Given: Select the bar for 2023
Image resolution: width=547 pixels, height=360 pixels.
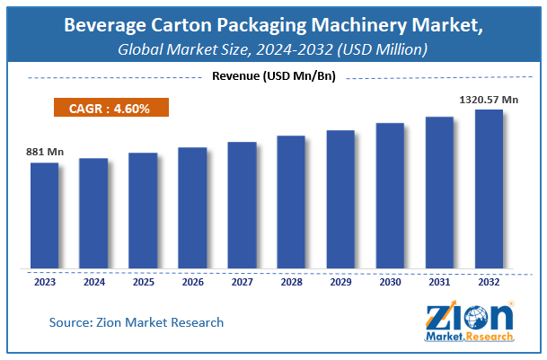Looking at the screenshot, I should pos(44,215).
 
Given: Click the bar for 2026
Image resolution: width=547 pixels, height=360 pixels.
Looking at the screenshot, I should pos(192,207).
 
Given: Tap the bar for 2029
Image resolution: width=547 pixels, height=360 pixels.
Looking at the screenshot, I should pos(340,199).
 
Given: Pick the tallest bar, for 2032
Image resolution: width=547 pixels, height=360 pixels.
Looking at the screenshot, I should pos(489,189).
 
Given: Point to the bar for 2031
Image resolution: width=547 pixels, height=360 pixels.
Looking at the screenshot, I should pos(439,192).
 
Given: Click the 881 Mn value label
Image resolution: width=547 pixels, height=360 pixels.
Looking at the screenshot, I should pos(42,153).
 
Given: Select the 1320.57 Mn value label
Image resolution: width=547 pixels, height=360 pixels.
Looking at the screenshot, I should pos(489,100).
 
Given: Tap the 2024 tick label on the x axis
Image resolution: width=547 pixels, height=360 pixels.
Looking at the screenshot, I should pos(93,281).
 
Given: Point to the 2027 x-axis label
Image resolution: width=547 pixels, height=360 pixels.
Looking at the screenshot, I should pos(242,281).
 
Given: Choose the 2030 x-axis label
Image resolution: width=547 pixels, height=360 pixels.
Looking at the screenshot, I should pos(390,281).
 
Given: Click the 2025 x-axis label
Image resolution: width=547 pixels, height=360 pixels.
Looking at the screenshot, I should pos(143,281).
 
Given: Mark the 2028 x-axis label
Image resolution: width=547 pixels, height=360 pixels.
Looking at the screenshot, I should pos(291,281).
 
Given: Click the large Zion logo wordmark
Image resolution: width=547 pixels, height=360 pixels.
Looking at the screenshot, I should pos(467,316).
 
